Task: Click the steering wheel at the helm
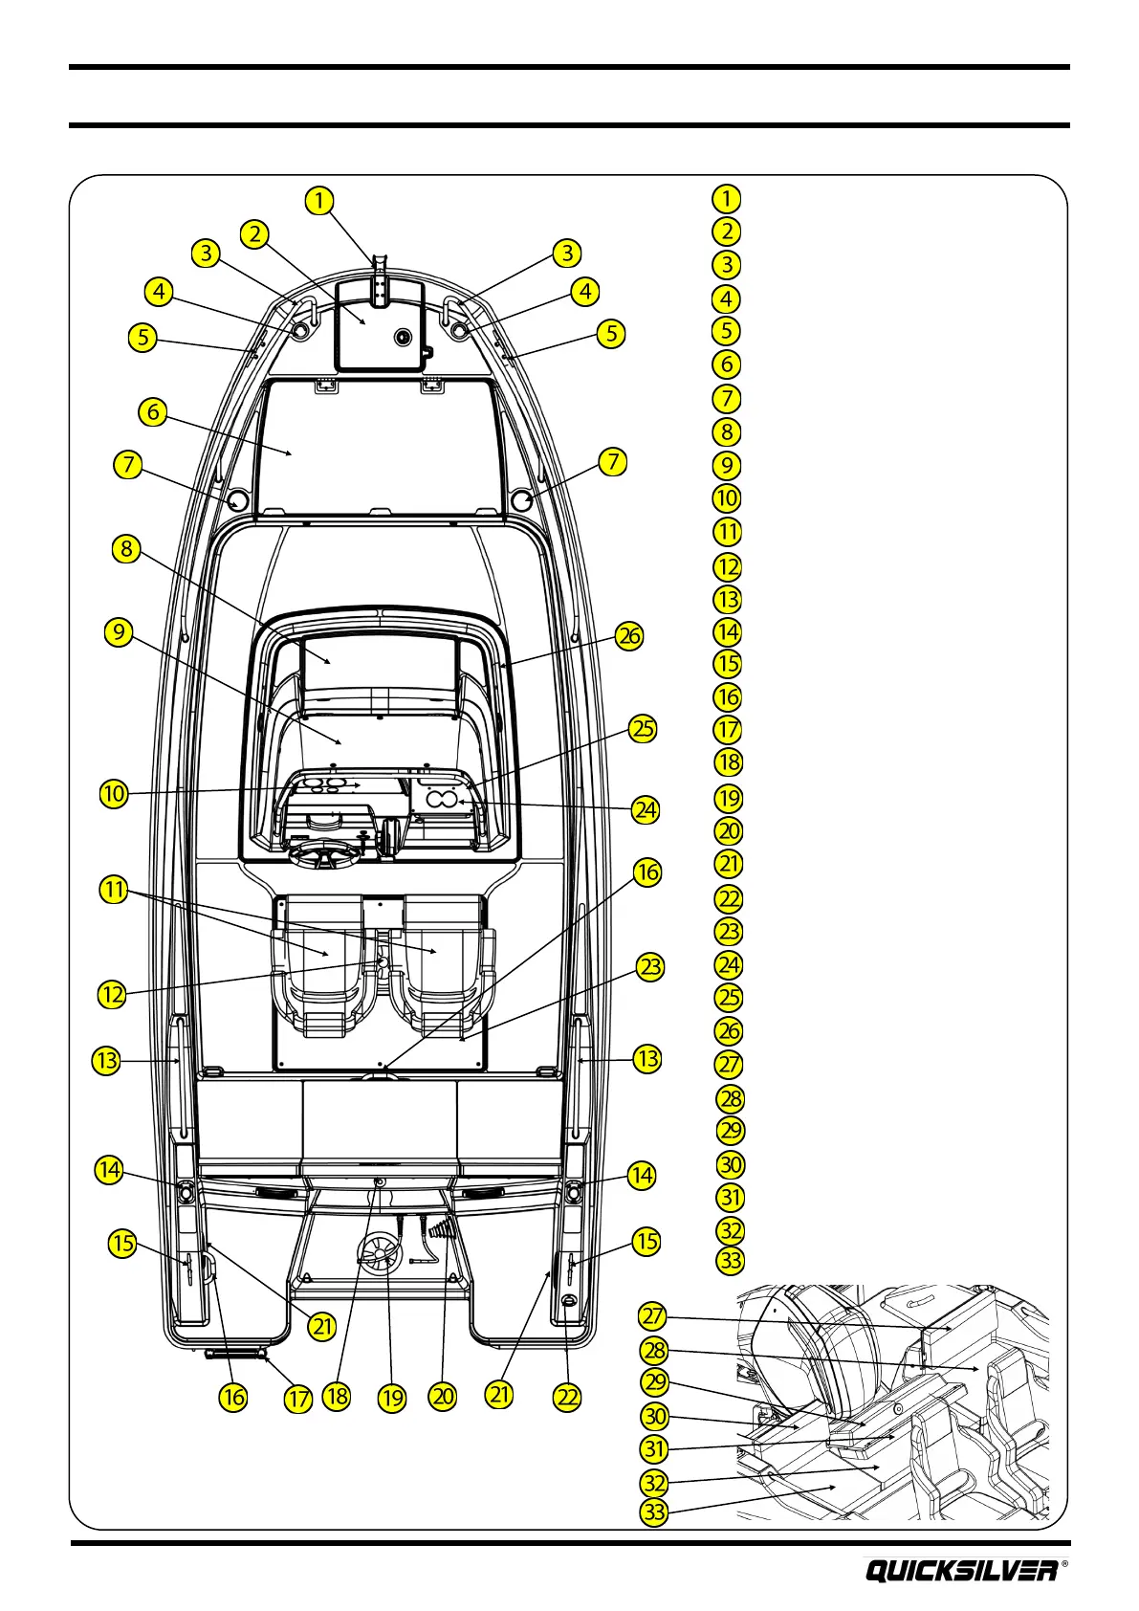323,854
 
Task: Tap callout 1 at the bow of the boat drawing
318,201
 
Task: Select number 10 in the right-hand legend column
727,498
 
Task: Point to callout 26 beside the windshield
629,636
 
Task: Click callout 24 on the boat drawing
646,810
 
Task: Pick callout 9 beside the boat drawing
118,633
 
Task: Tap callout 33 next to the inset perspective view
654,1512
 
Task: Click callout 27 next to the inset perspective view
652,1316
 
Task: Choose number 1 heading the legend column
727,198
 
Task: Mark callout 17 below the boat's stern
298,1399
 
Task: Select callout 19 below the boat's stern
392,1398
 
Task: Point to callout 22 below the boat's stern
568,1397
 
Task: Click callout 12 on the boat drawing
113,994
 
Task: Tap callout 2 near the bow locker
254,234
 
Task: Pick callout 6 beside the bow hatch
153,412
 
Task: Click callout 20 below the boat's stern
443,1396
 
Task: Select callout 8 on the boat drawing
125,549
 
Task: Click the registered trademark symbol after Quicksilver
1065,1566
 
